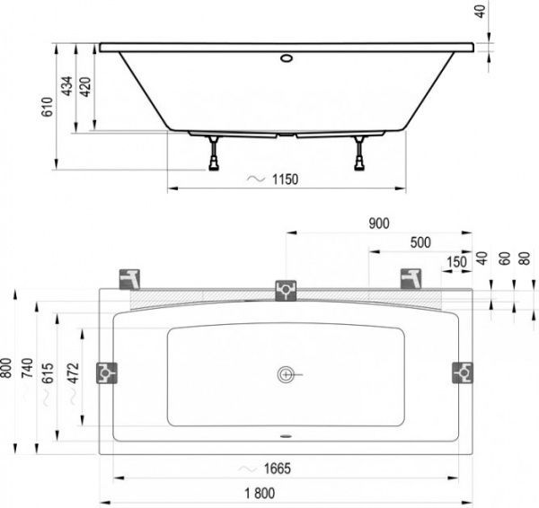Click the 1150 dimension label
coord(284,180)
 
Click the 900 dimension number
coord(378,223)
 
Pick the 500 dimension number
coord(419,242)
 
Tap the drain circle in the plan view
coord(287,372)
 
